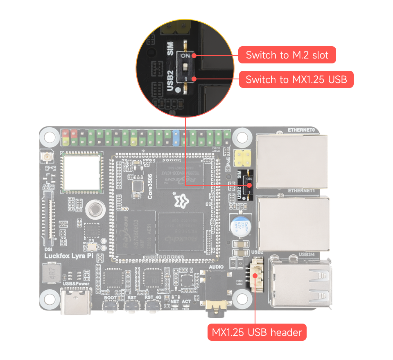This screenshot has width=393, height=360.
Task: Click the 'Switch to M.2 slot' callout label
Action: click(287, 55)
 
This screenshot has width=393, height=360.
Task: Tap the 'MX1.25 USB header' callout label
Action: click(257, 332)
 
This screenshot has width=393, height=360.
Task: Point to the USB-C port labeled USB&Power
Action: click(76, 302)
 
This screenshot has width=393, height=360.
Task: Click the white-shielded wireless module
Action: click(81, 172)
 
